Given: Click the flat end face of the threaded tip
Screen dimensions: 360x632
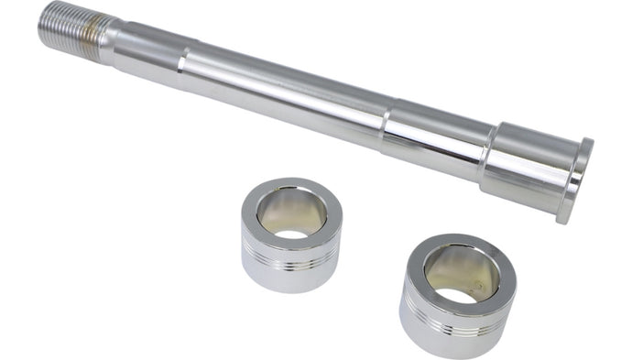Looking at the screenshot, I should click(x=44, y=21).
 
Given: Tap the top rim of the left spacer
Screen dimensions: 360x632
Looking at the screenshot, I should click(x=291, y=186).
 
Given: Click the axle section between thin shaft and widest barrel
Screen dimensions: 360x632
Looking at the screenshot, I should click(x=430, y=137).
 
